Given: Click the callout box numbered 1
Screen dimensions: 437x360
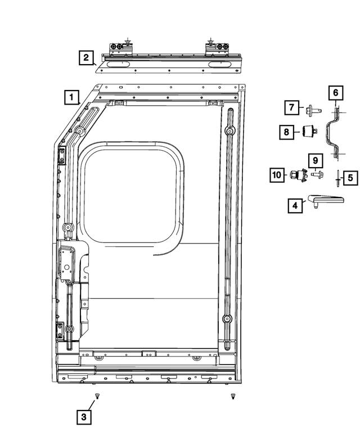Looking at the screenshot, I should (x=71, y=97).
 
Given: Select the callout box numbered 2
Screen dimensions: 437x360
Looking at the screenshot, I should (x=86, y=57).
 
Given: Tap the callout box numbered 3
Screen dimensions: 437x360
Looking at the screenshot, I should (x=83, y=417).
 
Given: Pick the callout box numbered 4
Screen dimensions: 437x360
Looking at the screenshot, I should (x=294, y=206).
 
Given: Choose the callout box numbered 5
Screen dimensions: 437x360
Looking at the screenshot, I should (x=350, y=178).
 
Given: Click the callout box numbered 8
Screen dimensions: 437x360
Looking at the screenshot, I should (x=287, y=132).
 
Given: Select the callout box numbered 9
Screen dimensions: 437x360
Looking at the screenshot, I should (x=315, y=160).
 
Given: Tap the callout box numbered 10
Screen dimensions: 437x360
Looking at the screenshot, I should (x=277, y=175).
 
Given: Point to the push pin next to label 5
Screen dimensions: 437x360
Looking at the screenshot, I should (x=336, y=178).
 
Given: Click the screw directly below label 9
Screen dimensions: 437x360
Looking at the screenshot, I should (x=316, y=174).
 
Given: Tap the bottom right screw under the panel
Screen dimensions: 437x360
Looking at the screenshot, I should (x=232, y=397).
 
